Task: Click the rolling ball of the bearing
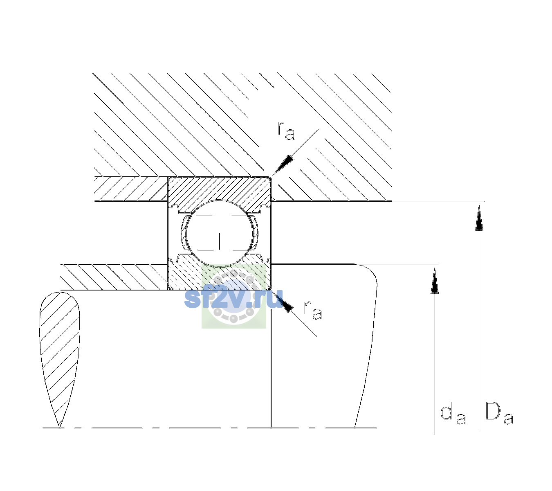[219, 233]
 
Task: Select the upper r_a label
[286, 131]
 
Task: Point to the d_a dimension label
[453, 415]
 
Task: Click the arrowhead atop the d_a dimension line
[435, 280]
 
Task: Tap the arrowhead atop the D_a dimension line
[479, 217]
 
